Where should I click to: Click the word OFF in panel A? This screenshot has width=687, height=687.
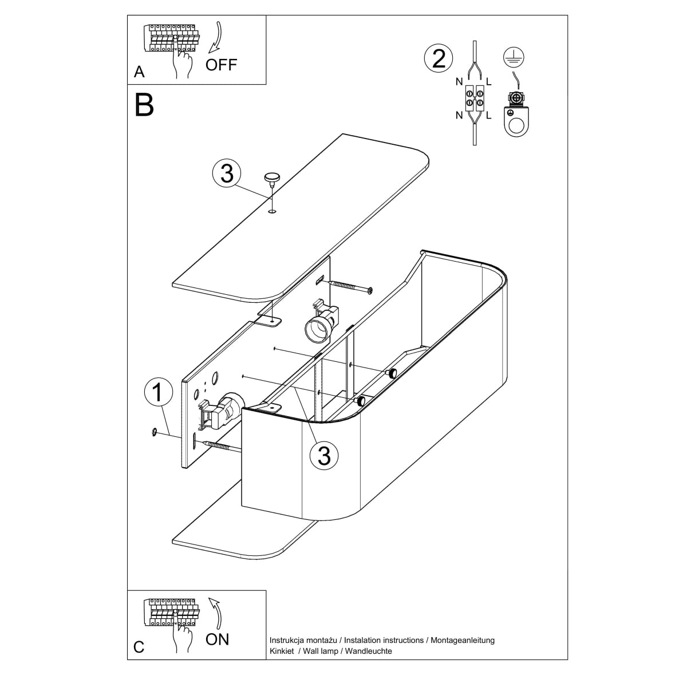[x=221, y=64]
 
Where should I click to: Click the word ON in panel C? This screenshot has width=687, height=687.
[x=217, y=639]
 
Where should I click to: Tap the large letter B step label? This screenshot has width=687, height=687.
[x=144, y=105]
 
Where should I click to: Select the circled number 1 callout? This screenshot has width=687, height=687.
[x=159, y=393]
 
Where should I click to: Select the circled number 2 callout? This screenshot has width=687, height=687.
[x=439, y=59]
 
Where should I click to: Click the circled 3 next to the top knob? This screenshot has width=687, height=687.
[x=227, y=173]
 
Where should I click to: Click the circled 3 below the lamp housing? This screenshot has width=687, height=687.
[x=324, y=455]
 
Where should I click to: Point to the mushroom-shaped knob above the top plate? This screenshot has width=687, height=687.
[x=272, y=177]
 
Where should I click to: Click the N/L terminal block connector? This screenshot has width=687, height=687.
[x=474, y=98]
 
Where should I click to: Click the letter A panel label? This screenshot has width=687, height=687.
[x=139, y=72]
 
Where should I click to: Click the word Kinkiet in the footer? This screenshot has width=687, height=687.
[x=282, y=651]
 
